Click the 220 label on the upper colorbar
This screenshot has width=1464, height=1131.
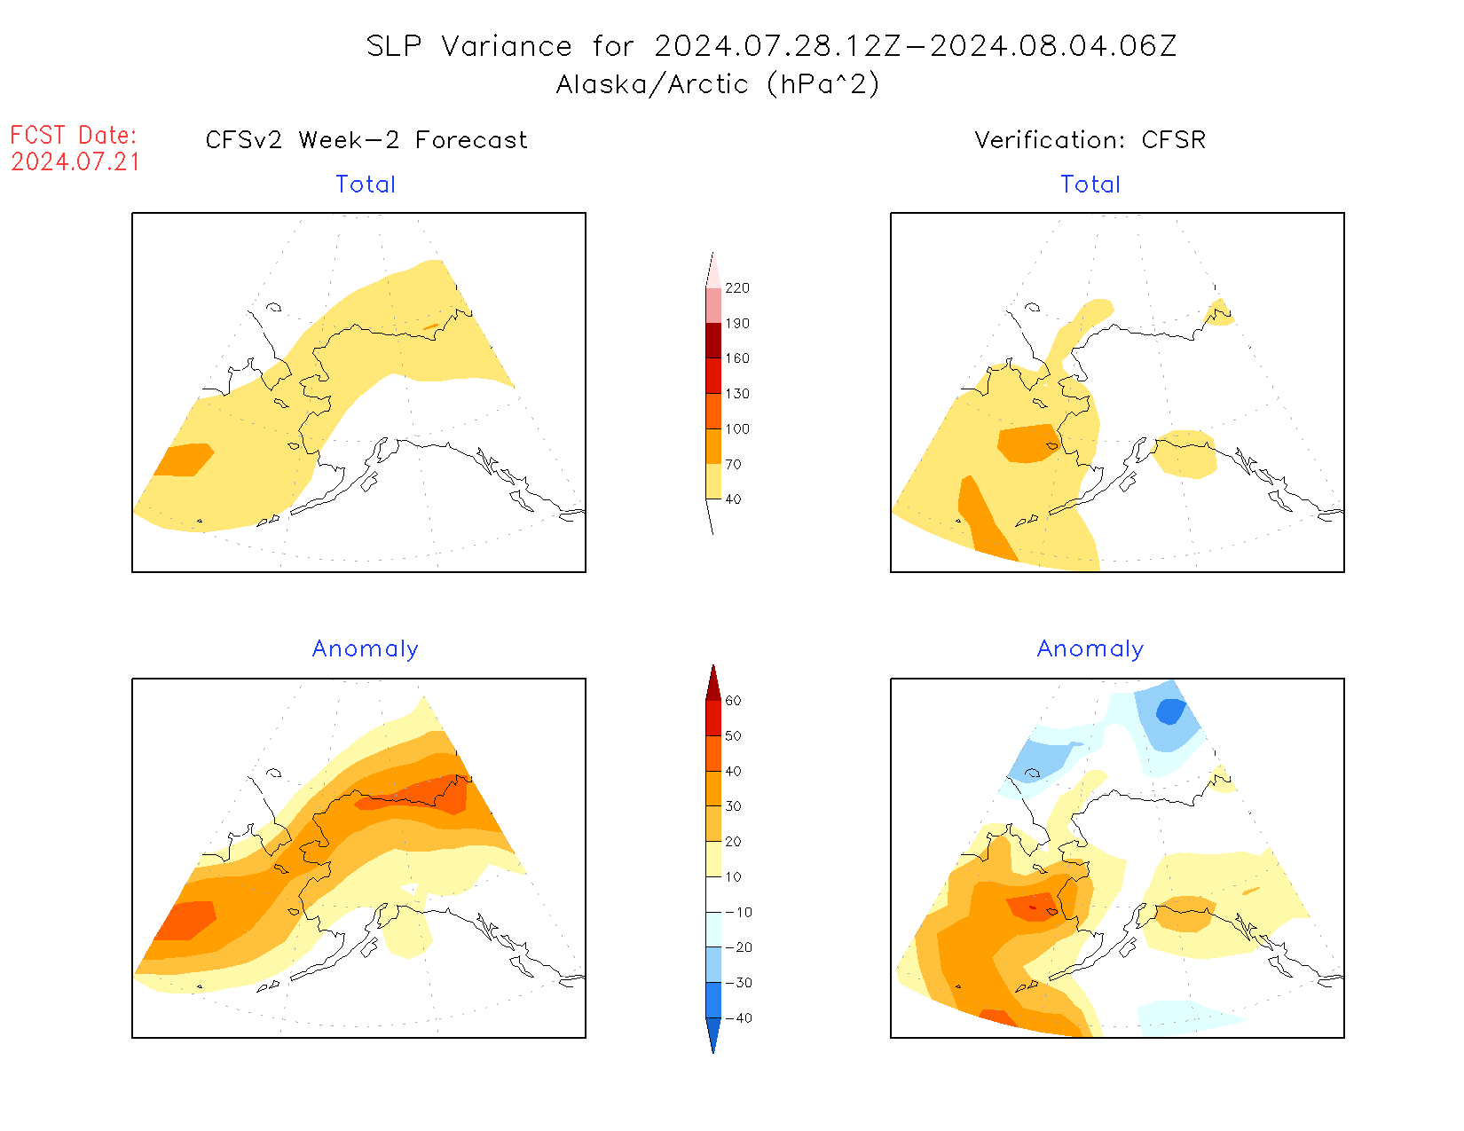point(736,288)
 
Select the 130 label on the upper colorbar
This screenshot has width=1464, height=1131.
point(736,394)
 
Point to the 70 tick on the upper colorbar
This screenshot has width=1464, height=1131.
point(733,464)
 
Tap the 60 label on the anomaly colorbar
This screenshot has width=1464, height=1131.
point(733,701)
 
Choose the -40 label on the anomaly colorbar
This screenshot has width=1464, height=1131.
point(738,1018)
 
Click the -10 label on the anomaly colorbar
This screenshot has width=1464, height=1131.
point(738,912)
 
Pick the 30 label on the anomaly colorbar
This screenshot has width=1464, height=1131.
point(733,806)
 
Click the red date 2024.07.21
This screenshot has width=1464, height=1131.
point(75,162)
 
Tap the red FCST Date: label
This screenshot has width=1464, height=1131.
point(74,136)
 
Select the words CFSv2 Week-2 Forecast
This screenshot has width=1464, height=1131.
point(366,140)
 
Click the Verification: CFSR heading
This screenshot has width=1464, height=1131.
point(1090,140)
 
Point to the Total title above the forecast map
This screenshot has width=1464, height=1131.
point(366,185)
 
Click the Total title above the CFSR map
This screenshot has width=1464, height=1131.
point(1090,185)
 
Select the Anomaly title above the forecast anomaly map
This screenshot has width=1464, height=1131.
point(365,649)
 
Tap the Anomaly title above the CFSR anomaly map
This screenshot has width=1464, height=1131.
point(1090,649)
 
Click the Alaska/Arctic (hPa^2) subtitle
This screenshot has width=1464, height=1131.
point(717,84)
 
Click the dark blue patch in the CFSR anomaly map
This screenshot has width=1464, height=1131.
point(1170,711)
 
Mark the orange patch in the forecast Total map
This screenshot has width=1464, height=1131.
point(185,459)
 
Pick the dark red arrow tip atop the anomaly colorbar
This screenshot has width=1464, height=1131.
point(713,681)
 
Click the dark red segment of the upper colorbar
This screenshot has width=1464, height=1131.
point(713,341)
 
